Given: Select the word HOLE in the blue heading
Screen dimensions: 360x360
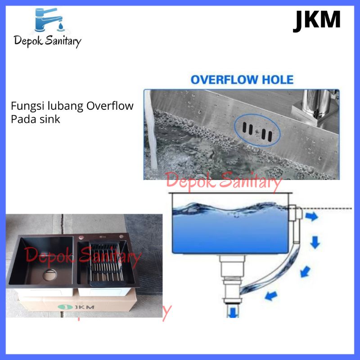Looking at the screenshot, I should click(x=277, y=80).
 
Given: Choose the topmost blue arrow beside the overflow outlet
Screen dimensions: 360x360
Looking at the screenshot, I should click(x=310, y=217).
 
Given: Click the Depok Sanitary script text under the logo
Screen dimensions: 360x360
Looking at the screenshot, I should click(x=48, y=42).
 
